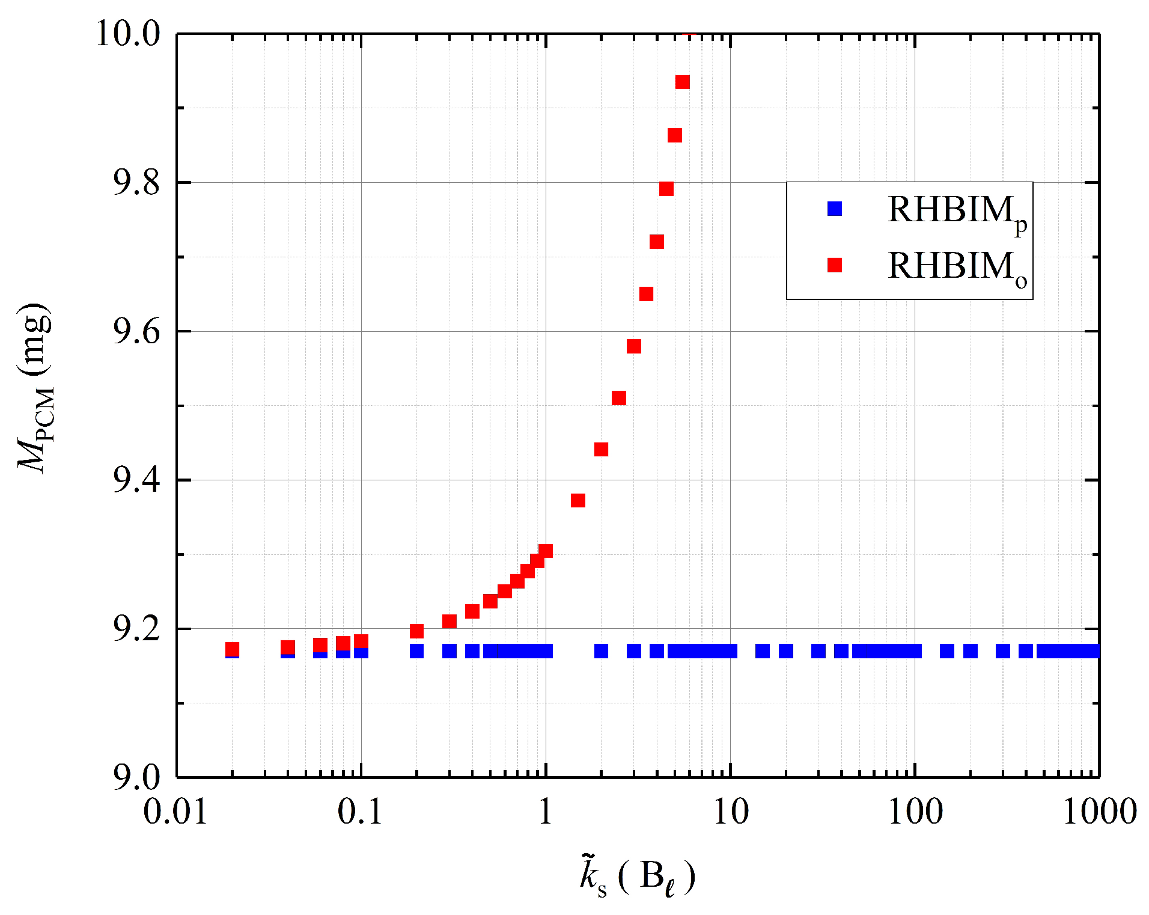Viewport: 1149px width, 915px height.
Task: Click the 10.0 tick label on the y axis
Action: tap(129, 34)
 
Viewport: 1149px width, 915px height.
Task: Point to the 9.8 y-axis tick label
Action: tap(136, 183)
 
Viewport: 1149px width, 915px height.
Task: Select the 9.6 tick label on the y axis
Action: tap(136, 332)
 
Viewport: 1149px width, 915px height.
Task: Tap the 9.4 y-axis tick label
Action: tap(136, 480)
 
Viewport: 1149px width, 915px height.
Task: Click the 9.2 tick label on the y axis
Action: tap(136, 629)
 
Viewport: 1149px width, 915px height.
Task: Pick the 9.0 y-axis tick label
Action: tap(136, 777)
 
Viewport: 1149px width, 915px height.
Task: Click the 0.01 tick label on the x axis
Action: tap(175, 812)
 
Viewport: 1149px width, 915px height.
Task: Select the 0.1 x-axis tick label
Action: tap(360, 812)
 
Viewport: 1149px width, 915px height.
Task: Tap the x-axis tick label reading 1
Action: tap(545, 812)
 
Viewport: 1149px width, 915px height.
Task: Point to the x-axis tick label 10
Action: tap(731, 812)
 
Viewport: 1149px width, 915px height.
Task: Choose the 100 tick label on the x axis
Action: tap(915, 812)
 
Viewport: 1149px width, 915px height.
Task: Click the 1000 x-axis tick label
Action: tap(1100, 812)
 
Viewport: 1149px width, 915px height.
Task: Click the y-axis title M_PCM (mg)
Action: tap(35, 388)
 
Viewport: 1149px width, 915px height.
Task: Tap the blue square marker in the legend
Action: tap(835, 209)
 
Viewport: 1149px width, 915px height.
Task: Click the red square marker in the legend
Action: tap(835, 265)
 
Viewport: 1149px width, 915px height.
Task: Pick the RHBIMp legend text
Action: tap(957, 212)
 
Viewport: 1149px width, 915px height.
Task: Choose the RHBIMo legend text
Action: tap(957, 268)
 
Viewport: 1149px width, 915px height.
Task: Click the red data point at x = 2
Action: tap(601, 449)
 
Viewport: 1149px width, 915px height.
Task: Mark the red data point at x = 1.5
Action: tap(578, 500)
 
